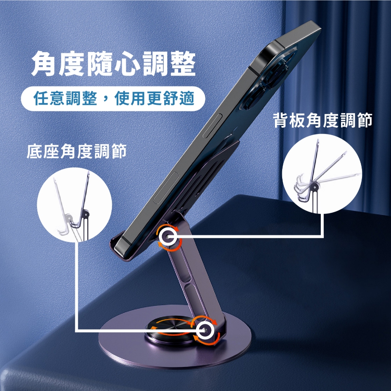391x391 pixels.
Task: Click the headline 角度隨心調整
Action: [x=114, y=64]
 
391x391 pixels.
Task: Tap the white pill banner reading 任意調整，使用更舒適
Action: [x=113, y=99]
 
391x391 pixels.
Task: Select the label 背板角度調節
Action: [x=323, y=120]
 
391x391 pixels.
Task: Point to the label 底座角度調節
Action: [x=76, y=151]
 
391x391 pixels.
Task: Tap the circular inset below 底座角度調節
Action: [x=74, y=205]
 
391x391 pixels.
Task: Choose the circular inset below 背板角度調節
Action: [x=322, y=174]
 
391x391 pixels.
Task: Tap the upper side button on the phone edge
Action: [x=213, y=126]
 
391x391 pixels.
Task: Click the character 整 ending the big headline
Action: [x=183, y=64]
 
